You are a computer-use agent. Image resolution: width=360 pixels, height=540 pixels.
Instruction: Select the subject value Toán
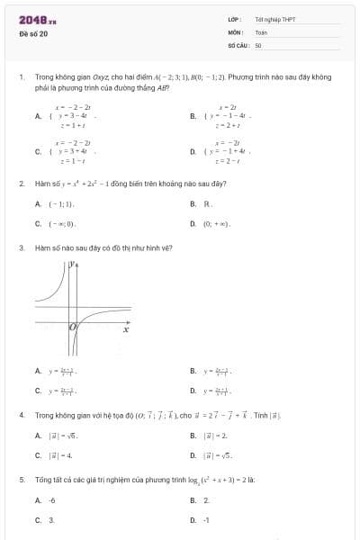click(261, 31)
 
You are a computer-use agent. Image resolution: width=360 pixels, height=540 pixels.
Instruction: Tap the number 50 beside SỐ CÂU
click(258, 44)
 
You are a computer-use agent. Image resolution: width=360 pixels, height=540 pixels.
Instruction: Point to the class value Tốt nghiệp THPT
click(274, 19)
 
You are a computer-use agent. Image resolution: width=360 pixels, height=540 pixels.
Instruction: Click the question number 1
click(21, 77)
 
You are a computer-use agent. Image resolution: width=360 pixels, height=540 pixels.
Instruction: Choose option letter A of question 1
click(37, 116)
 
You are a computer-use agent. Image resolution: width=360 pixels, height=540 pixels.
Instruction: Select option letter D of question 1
click(193, 152)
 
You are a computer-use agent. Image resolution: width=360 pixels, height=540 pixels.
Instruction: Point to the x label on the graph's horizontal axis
click(126, 331)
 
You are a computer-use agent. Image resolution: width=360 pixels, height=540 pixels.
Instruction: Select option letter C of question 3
click(37, 390)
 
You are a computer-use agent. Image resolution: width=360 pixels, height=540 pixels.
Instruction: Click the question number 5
click(21, 480)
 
